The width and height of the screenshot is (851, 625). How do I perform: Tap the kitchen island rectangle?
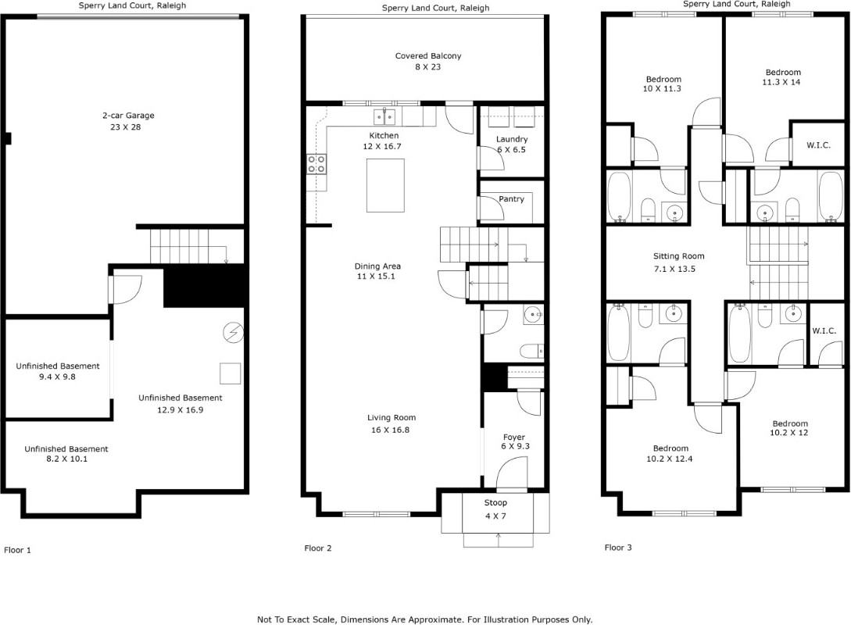[x=385, y=185]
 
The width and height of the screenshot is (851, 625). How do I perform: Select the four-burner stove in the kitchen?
[x=317, y=164]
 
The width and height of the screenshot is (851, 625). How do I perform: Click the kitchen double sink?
[x=384, y=117]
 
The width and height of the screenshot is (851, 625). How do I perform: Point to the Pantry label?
[x=511, y=199]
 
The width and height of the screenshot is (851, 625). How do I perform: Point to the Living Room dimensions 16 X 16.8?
[x=392, y=429]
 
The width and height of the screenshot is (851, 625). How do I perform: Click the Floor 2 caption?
[x=318, y=548]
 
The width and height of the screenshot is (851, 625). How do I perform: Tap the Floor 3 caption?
[x=618, y=548]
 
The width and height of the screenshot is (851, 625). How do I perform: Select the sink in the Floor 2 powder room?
[x=534, y=315]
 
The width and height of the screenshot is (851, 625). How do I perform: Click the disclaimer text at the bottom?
[x=425, y=619]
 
